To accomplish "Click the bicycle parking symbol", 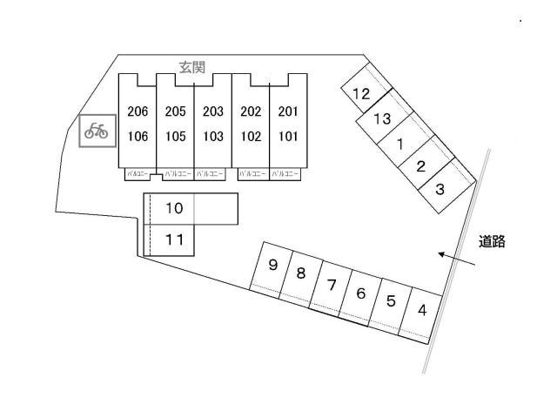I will coord(96,131).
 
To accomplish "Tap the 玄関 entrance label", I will coord(192,68).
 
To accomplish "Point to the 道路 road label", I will coord(493,243).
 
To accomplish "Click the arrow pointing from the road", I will coord(456,259).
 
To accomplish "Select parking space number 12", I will coord(361,94).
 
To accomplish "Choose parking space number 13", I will coord(381,119).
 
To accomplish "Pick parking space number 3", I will coord(440,189).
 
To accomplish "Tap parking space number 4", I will coord(422,309).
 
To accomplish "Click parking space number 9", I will coord(272,266).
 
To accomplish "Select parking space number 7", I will coord(332,284).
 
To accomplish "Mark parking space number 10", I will coord(174,209).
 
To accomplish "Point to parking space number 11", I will coord(174,239).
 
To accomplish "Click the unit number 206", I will coord(138,111).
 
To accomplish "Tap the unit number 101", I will coord(288,136).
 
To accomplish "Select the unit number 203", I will coord(213,111).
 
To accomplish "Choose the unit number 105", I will coord(175,136).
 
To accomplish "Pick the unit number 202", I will coord(251,111).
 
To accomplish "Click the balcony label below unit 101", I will coord(286,174).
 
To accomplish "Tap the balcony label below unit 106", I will coord(138,174).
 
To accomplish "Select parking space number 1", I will coord(399,144).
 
